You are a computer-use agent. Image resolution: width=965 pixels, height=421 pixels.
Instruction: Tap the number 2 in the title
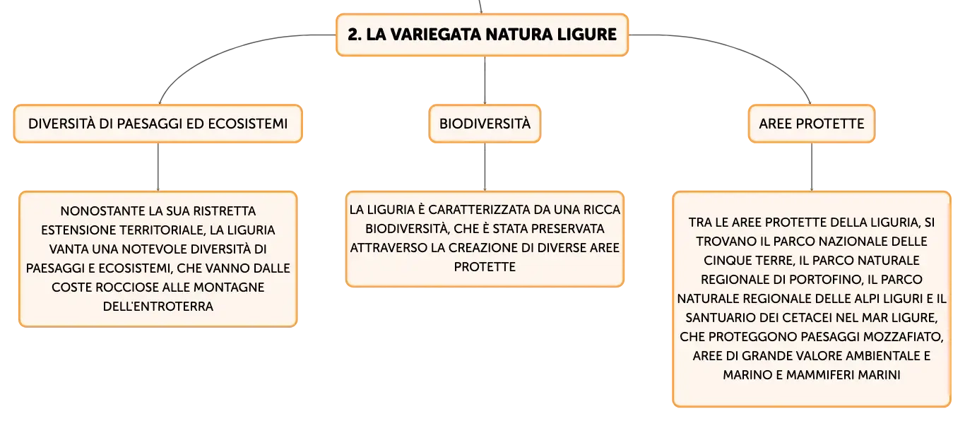click(x=353, y=35)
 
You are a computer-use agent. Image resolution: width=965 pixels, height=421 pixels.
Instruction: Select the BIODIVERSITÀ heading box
click(x=485, y=124)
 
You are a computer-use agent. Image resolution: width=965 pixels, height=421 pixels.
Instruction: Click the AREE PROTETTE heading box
click(x=812, y=124)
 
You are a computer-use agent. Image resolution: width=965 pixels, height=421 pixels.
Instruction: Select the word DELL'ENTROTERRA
click(x=158, y=307)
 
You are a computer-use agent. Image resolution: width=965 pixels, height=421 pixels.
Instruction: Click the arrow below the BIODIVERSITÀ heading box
click(x=485, y=167)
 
